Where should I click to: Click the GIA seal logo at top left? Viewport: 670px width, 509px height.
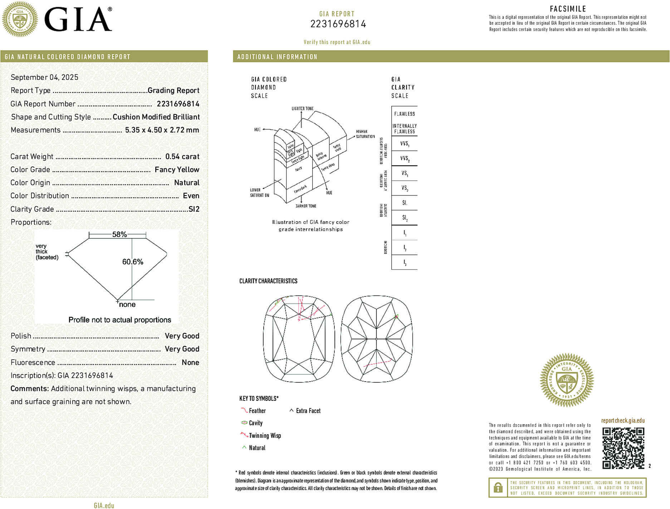(x=20, y=19)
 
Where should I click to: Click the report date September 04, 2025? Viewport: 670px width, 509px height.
(x=44, y=77)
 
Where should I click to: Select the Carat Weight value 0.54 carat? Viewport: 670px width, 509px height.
(x=182, y=156)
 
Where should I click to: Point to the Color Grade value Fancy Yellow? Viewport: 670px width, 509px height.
(x=177, y=170)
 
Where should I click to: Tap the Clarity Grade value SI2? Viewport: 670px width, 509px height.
(x=194, y=209)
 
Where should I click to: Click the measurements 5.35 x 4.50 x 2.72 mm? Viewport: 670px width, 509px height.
(x=162, y=130)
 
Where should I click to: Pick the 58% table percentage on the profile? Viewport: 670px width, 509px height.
(x=119, y=234)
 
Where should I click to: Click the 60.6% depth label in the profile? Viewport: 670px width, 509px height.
(x=133, y=262)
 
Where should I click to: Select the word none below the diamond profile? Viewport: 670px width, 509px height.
(x=127, y=305)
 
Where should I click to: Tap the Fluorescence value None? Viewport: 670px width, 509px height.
(x=190, y=362)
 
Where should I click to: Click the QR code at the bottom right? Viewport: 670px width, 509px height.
(x=623, y=448)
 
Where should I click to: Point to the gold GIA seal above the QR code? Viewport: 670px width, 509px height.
(x=567, y=380)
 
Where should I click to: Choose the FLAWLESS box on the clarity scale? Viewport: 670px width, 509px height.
(x=405, y=114)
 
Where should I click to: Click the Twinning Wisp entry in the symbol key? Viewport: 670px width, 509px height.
(x=265, y=436)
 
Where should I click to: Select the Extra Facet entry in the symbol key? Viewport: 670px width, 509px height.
(x=308, y=411)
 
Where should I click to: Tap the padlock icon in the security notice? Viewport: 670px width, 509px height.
(x=498, y=488)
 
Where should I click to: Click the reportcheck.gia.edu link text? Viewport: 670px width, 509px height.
(x=623, y=421)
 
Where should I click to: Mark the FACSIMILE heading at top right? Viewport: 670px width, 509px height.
(x=568, y=9)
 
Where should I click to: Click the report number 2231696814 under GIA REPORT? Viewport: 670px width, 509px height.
(x=338, y=24)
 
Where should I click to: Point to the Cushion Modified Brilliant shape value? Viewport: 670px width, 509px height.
(x=156, y=117)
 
